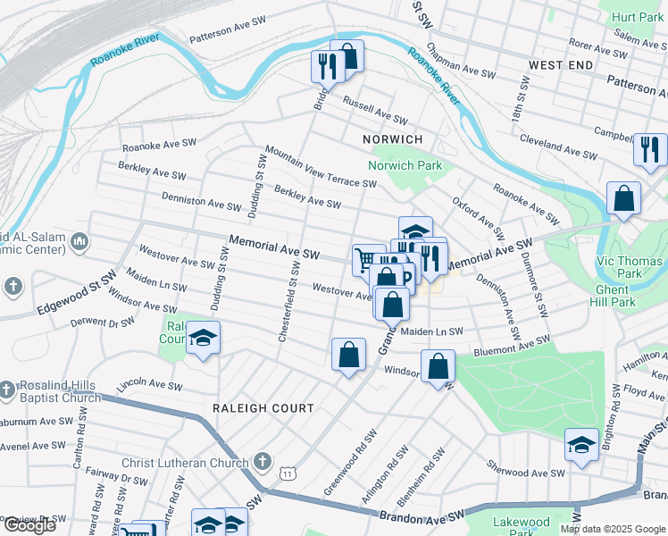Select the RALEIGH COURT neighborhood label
[x=263, y=408]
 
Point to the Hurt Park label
[x=638, y=17]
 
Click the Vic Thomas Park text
[x=630, y=266]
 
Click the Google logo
[x=29, y=525]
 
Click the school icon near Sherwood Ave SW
[x=580, y=445]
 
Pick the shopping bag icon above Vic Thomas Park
[x=623, y=199]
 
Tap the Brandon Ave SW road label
[x=422, y=515]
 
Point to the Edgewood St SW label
[x=77, y=295]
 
